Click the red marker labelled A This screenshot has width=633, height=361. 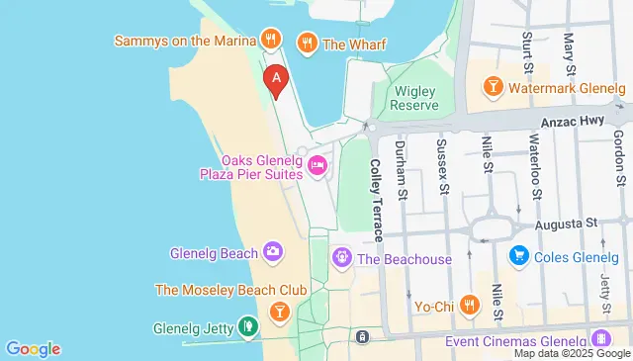click(x=276, y=79)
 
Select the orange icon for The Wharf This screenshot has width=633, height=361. click(x=307, y=43)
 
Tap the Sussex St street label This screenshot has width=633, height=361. click(x=444, y=165)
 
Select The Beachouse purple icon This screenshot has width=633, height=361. click(x=342, y=258)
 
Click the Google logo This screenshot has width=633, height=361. click(x=33, y=348)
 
